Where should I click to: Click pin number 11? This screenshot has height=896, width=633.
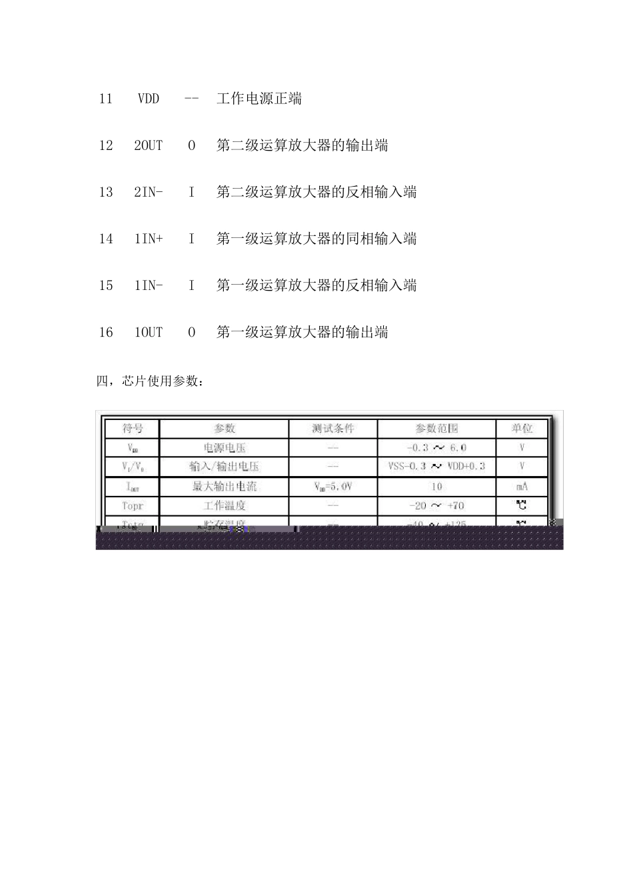(106, 99)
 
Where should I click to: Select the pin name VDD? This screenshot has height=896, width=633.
(149, 99)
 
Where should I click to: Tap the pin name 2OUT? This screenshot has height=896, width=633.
(149, 145)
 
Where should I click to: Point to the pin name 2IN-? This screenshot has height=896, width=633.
(149, 192)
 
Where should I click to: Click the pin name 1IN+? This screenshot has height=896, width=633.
(149, 239)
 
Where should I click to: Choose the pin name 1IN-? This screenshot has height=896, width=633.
(149, 285)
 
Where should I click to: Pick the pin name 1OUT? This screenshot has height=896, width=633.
(149, 332)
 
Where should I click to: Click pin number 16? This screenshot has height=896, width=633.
(106, 332)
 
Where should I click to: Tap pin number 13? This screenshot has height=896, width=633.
(106, 192)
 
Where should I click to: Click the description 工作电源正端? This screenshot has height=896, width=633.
(259, 99)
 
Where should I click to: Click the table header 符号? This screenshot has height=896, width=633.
(133, 429)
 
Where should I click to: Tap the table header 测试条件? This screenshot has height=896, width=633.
(333, 429)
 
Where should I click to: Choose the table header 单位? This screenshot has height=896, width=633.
(522, 429)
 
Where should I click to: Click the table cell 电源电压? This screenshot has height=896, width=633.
(225, 448)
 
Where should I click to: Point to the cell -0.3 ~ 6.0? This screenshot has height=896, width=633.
(436, 448)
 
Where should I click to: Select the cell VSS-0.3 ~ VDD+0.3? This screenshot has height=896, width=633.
(436, 467)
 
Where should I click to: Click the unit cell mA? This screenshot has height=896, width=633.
(522, 487)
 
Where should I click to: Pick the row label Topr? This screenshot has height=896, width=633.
(133, 506)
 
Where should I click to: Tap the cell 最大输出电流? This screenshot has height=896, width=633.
(225, 487)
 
